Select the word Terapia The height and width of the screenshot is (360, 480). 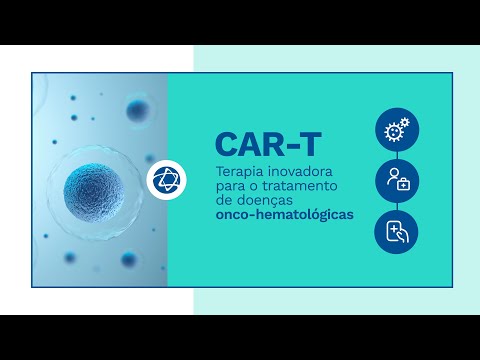(237, 172)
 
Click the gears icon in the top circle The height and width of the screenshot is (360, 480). (397, 129)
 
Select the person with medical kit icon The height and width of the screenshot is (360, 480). (397, 181)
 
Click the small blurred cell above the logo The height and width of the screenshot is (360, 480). (137, 110)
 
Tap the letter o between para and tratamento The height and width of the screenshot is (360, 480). (254, 187)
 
